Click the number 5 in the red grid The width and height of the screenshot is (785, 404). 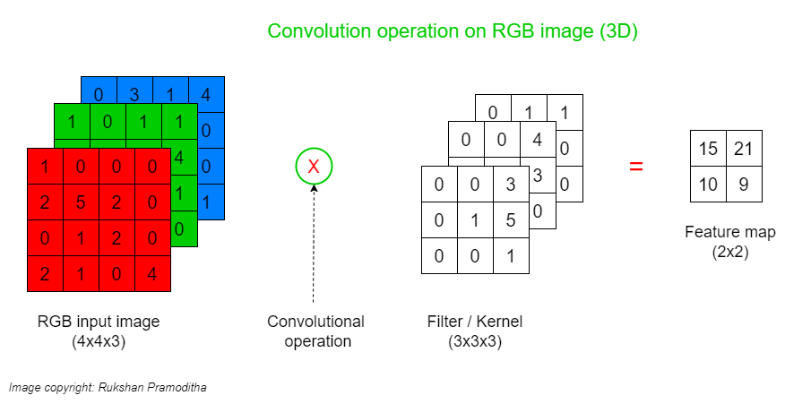pos(81,202)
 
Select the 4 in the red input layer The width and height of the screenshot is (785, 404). pos(151,273)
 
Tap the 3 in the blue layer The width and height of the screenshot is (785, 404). pos(134,94)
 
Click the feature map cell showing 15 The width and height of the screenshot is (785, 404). pos(708,149)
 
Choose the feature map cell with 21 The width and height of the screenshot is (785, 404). pos(743,149)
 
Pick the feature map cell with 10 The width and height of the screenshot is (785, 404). pos(708,184)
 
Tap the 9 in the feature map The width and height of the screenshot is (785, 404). pos(743,184)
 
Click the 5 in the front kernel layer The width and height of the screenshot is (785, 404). pos(510,220)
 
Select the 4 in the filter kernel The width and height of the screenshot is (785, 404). pos(537,140)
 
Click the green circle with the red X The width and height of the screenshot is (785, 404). pos(314,167)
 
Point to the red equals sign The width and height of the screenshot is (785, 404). pos(636,167)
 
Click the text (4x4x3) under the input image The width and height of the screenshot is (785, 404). pos(99,340)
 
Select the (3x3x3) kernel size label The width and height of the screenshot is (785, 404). pos(475,340)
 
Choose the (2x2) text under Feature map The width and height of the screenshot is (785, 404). pos(729,252)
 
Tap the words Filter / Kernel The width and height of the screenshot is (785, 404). pos(475,322)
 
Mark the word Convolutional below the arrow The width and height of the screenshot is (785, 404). pos(315,322)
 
